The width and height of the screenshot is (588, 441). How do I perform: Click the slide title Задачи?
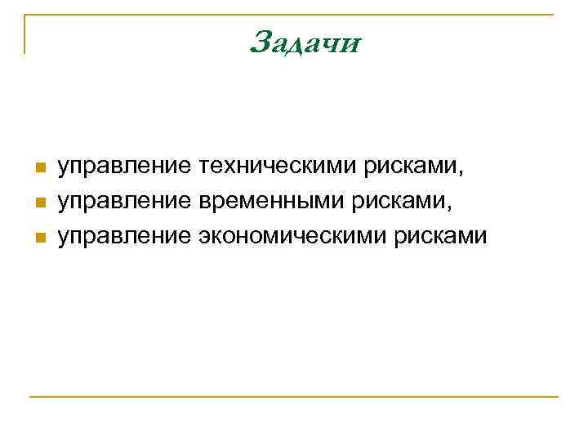305,42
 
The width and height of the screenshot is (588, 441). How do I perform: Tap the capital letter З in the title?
262,41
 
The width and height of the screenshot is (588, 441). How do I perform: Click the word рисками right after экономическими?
441,237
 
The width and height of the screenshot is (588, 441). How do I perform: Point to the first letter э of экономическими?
203,238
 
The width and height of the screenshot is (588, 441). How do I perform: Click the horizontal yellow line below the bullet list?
294,397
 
